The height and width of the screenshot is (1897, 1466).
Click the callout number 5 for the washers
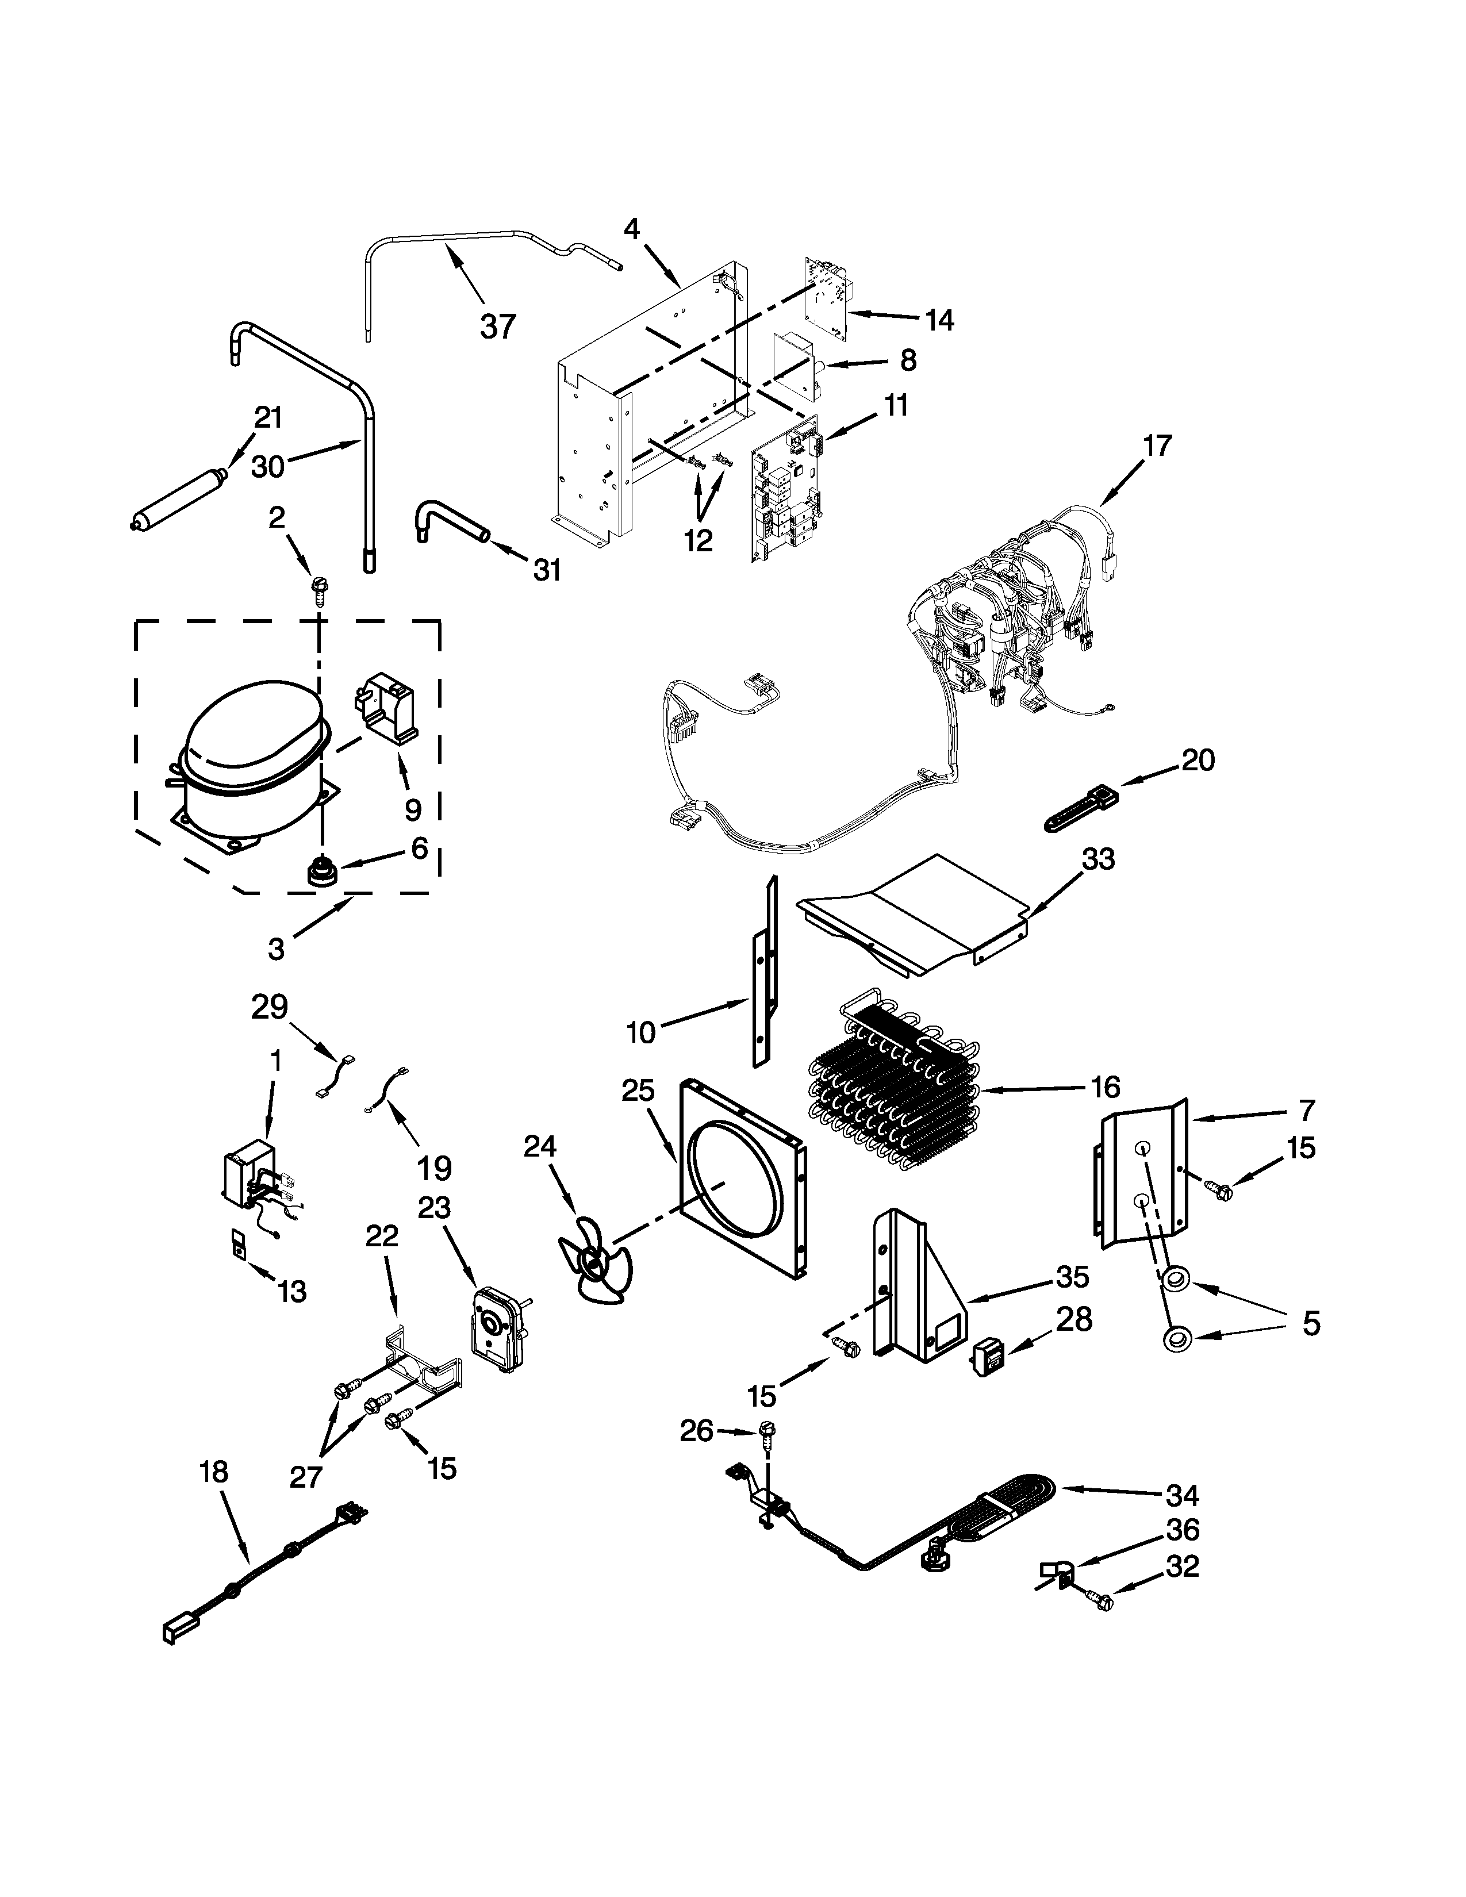pos(1311,1324)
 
